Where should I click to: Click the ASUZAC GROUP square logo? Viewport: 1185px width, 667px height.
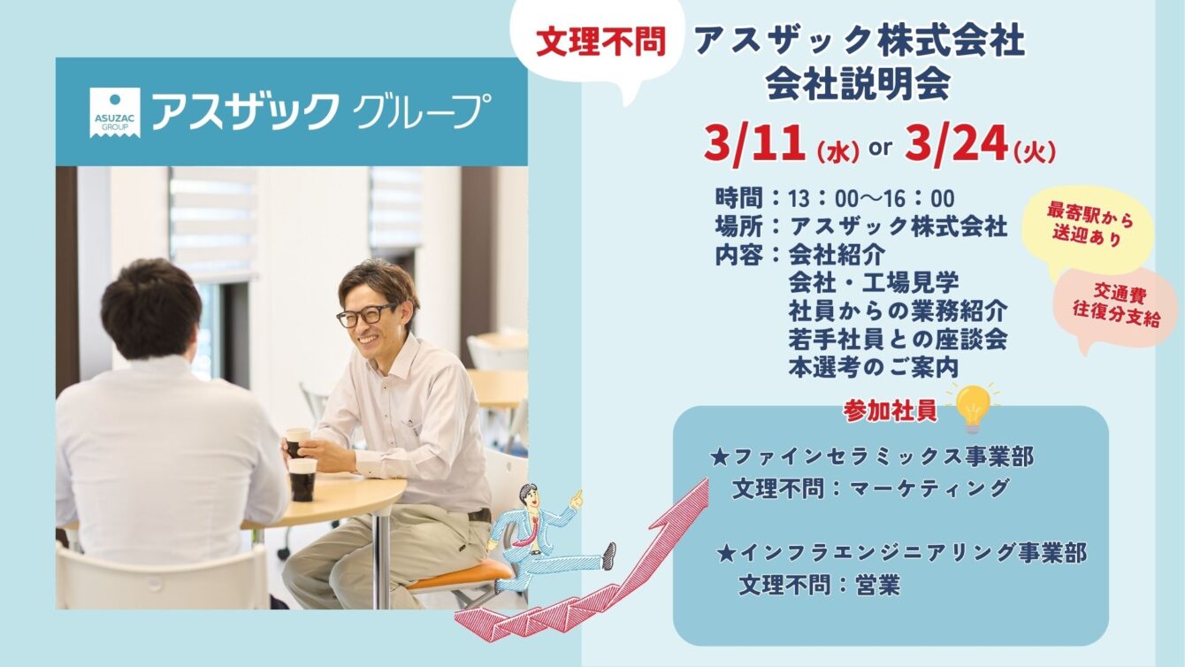(115, 112)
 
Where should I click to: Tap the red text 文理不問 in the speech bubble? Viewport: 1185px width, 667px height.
(601, 42)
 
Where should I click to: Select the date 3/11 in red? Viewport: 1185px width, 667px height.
(754, 143)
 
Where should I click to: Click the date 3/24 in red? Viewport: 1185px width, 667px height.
(956, 143)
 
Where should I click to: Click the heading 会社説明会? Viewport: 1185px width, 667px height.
(858, 84)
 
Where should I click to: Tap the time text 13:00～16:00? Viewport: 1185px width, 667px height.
(871, 199)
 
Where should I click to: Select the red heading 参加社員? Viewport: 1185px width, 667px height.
(891, 411)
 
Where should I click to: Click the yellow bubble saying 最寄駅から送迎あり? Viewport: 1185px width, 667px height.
(1088, 231)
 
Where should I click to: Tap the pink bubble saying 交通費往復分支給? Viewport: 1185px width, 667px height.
(1116, 307)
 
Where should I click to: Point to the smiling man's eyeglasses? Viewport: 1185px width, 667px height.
(366, 315)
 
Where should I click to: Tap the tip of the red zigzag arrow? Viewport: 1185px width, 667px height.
(707, 479)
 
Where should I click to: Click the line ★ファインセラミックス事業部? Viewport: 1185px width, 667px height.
(871, 457)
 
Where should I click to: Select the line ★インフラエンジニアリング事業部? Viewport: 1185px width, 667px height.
(901, 553)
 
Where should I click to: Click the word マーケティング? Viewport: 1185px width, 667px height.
(929, 488)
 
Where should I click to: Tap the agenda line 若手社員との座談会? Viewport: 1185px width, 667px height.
(898, 340)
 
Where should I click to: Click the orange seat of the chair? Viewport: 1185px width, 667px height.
(459, 574)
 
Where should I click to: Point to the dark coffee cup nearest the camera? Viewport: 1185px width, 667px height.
(302, 479)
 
